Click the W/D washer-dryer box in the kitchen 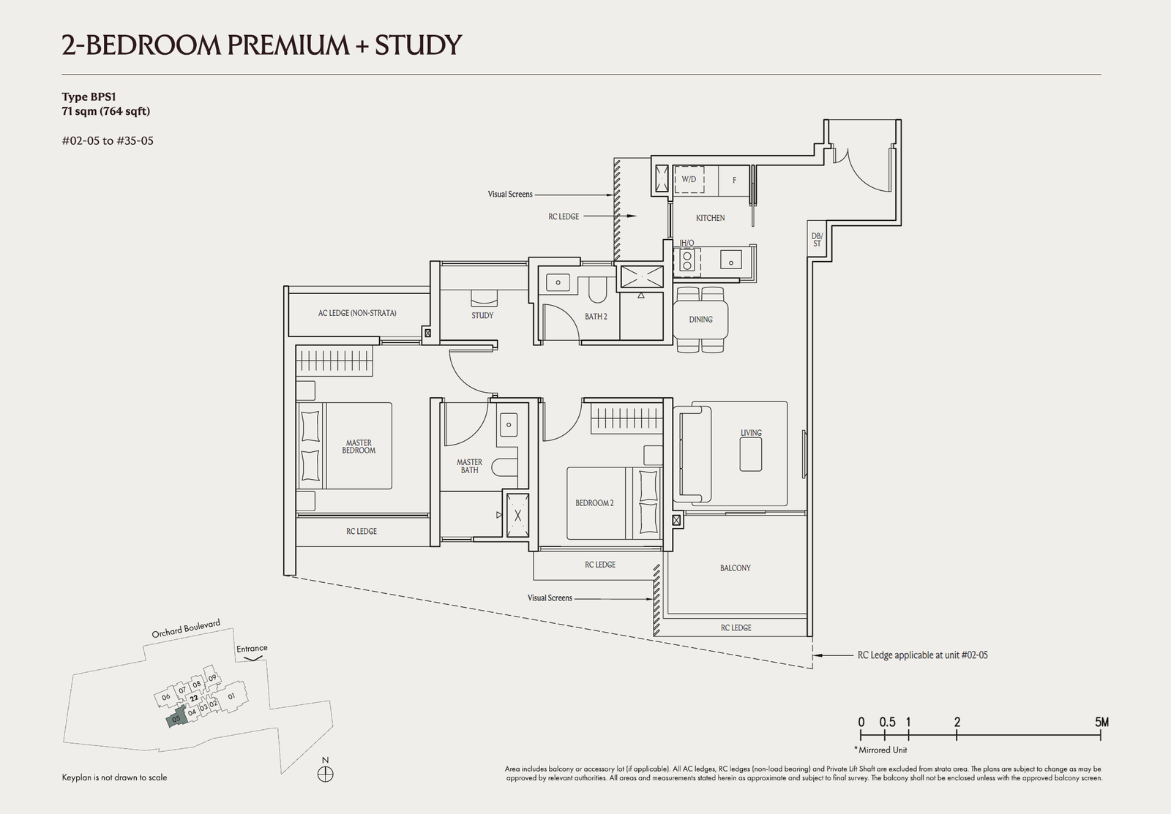click(x=689, y=180)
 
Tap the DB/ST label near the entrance click(x=817, y=240)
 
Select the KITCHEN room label click(x=710, y=218)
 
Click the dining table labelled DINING click(x=700, y=319)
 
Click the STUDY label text click(x=482, y=315)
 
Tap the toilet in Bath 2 click(x=597, y=290)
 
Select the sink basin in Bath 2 click(x=558, y=282)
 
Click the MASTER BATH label click(x=469, y=466)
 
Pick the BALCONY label click(x=735, y=568)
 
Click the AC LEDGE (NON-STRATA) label click(x=357, y=313)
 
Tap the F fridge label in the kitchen click(x=734, y=180)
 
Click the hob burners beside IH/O click(x=687, y=260)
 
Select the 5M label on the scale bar click(x=1101, y=722)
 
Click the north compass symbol click(x=325, y=775)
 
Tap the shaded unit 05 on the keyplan click(x=176, y=718)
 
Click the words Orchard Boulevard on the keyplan click(x=186, y=629)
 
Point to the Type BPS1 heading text click(x=89, y=97)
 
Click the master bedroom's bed click(x=344, y=445)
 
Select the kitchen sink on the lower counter click(x=731, y=260)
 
